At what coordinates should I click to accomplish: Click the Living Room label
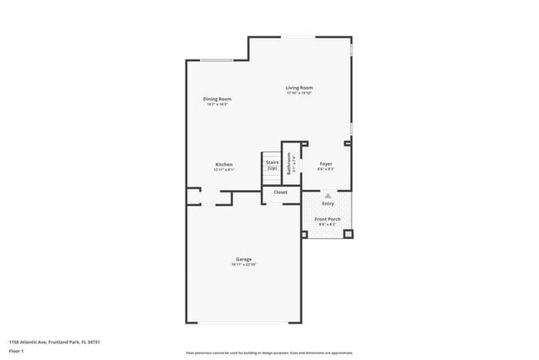coord(299,88)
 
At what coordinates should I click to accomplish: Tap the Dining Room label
coord(217,100)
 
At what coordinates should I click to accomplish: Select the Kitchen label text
coord(224,164)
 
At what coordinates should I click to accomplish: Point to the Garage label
coord(243,259)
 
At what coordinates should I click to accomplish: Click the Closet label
coord(280,192)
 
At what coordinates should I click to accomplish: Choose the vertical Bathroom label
coord(289,163)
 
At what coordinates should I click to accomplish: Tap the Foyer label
coord(326,164)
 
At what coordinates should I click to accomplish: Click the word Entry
coord(328,203)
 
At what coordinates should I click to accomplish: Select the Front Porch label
coord(327,219)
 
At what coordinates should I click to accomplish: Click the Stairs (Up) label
coord(272,165)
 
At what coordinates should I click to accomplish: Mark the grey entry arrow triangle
coord(328,196)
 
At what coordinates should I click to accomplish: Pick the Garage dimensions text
coord(243,265)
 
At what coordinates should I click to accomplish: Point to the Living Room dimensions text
coord(299,94)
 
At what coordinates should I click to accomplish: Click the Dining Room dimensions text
coord(217,105)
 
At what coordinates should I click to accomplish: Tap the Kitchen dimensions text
coord(224,170)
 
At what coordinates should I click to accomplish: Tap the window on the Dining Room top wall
coord(216,60)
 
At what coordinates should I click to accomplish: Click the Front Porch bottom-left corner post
coord(304,235)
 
